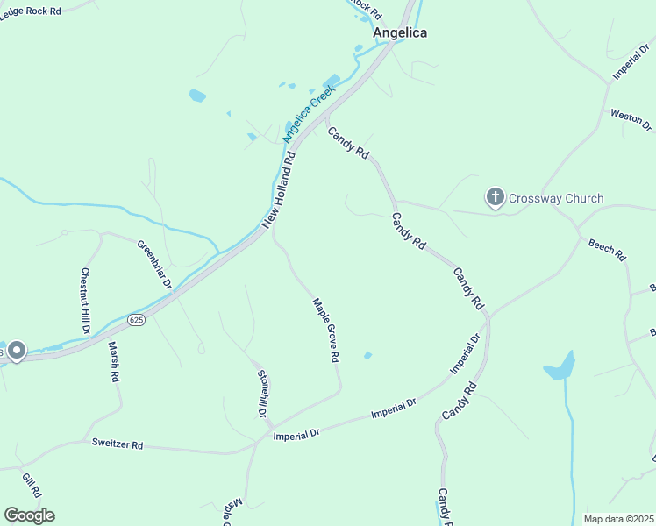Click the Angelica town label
click(x=399, y=32)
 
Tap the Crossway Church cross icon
click(x=496, y=198)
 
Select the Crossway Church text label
click(x=559, y=198)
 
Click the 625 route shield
click(x=135, y=320)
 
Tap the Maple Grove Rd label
click(x=326, y=331)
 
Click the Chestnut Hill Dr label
click(x=86, y=301)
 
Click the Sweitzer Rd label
click(x=118, y=444)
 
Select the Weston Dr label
click(x=631, y=121)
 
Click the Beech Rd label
click(x=606, y=250)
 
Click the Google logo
click(x=29, y=515)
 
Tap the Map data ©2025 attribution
click(x=619, y=519)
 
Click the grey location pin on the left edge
click(x=17, y=352)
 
